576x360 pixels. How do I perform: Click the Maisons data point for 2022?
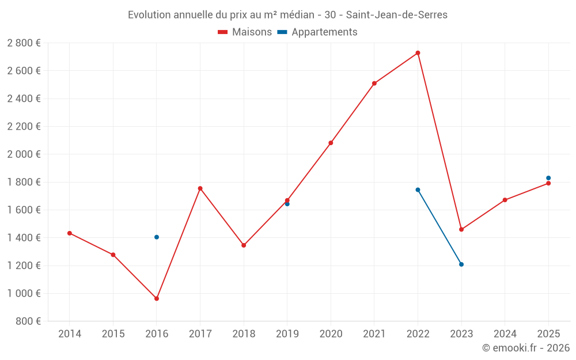(x=418, y=53)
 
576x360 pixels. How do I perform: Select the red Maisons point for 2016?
(x=157, y=298)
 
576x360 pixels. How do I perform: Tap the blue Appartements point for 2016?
(x=157, y=237)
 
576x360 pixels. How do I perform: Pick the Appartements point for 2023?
(x=461, y=264)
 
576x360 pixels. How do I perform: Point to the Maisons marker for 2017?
(x=200, y=188)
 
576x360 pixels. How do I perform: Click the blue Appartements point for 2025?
(x=548, y=178)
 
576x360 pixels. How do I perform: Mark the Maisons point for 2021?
(x=374, y=84)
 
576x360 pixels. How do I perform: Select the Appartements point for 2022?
(x=418, y=190)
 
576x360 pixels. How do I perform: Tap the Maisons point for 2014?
(x=70, y=233)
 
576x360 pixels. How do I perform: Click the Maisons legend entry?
(x=245, y=32)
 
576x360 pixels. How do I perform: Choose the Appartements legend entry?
(x=317, y=32)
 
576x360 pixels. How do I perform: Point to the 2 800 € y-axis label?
(x=24, y=43)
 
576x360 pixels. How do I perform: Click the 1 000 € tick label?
(x=24, y=293)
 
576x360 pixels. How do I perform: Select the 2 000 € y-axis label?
(x=24, y=154)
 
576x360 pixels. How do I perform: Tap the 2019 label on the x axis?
(x=287, y=334)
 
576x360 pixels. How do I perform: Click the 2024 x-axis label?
(x=505, y=334)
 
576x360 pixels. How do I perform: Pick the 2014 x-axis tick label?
(x=70, y=334)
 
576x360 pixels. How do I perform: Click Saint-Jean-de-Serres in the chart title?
(x=396, y=15)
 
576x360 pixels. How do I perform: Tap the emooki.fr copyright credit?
(x=526, y=348)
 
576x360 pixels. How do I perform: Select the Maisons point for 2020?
(x=331, y=143)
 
